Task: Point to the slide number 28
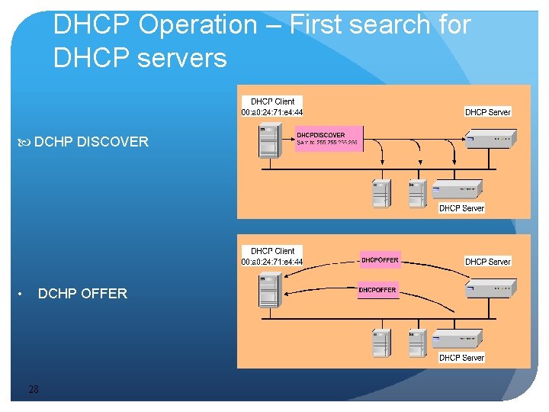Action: click(33, 390)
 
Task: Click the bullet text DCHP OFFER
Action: click(82, 294)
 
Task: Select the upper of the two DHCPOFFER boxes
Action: click(379, 260)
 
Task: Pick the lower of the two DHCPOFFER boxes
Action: click(377, 290)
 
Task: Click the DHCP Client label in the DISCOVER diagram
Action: click(272, 101)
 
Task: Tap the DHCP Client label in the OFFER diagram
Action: click(272, 250)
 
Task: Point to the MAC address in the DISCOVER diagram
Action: click(272, 112)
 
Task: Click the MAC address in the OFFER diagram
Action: click(272, 262)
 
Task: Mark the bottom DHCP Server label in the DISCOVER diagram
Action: click(461, 208)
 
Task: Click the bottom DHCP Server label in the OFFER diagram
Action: click(461, 357)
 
